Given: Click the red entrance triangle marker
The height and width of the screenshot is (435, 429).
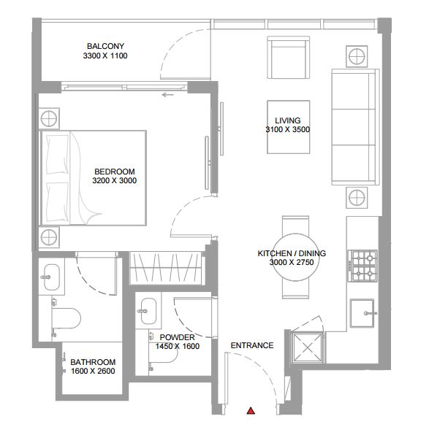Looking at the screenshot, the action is click(x=251, y=411).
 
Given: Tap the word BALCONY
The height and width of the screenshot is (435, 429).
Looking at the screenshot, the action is click(x=105, y=46).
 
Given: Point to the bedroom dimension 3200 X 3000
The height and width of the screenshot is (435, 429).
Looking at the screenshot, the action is click(x=115, y=180).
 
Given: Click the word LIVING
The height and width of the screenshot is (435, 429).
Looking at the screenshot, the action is click(x=287, y=120).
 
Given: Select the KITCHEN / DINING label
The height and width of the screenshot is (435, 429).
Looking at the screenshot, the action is click(x=292, y=253).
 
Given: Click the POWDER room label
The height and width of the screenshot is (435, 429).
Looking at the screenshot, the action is click(x=178, y=337).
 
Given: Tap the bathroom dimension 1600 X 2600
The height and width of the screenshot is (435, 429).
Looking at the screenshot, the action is click(x=93, y=371).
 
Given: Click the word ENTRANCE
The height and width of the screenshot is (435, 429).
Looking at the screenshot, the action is click(x=252, y=345).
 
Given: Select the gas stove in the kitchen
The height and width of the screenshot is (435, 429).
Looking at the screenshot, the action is click(x=363, y=266).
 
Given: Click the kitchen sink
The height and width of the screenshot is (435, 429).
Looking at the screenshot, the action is click(x=362, y=313).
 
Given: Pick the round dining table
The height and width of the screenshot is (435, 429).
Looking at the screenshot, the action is click(x=295, y=257).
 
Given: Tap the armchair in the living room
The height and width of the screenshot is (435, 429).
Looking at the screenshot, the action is click(x=289, y=58).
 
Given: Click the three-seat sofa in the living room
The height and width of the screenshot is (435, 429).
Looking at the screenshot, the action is click(x=355, y=127).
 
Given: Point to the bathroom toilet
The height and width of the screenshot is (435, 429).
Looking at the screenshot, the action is click(x=66, y=318).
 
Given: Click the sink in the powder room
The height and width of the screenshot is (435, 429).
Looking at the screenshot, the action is click(x=148, y=311).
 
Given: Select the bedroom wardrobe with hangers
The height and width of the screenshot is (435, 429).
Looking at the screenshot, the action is click(x=166, y=268).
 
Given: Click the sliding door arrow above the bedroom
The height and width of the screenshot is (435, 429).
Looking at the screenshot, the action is click(x=167, y=95).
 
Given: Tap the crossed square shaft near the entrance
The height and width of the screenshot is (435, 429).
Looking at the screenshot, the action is click(x=307, y=348).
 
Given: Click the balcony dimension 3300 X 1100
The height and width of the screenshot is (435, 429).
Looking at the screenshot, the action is click(x=105, y=55).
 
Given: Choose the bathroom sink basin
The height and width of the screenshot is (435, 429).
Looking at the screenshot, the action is click(x=52, y=277).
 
